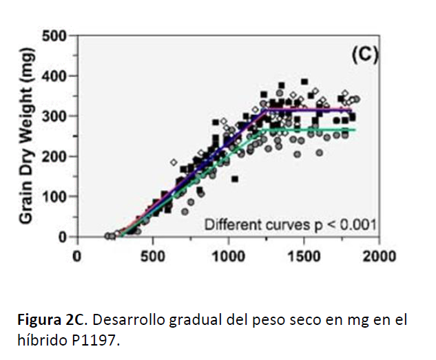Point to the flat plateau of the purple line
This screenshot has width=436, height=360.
310,110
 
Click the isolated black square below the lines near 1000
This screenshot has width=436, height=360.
235,179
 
